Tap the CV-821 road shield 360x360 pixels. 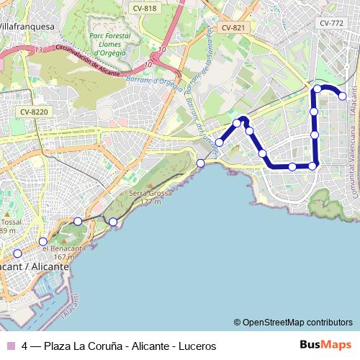point(233,27)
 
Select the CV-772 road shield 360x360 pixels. point(332,23)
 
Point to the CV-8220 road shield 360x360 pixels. point(34,112)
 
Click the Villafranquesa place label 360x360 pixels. point(27,26)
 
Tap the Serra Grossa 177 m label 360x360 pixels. point(145,197)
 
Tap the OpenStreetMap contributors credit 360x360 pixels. point(293,323)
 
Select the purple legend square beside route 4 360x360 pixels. point(10,346)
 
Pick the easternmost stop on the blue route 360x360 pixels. point(343,96)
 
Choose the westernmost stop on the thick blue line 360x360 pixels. point(219,143)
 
